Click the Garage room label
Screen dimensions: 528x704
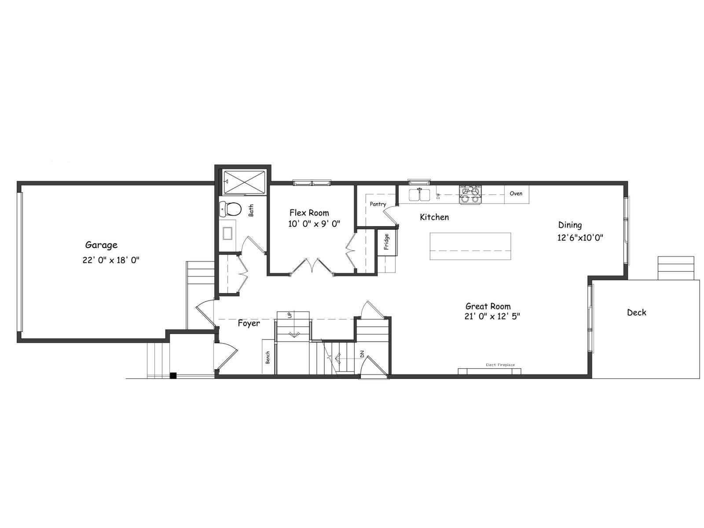101,245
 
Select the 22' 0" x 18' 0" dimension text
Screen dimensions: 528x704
110,260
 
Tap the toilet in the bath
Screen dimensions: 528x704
231,209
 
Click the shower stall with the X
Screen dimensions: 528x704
245,181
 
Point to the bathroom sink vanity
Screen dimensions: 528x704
227,233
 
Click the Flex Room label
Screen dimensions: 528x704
309,213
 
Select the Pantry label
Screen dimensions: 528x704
378,204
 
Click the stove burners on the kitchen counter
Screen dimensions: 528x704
470,194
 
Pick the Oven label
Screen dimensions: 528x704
516,194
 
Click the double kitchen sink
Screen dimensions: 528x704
419,194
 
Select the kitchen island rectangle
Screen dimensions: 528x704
470,246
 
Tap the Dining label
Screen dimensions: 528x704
570,225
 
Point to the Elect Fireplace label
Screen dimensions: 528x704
500,365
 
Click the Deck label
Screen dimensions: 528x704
636,312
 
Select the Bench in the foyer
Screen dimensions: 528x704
268,356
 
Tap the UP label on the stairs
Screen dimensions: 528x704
290,315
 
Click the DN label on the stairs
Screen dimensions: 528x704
362,354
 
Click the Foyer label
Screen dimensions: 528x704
249,323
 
